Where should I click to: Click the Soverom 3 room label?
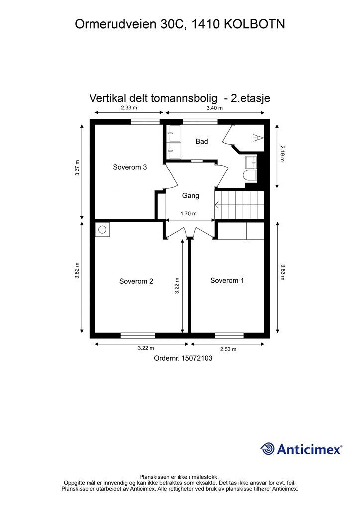pos(130,167)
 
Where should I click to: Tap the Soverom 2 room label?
pos(136,281)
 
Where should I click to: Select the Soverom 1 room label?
pos(227,280)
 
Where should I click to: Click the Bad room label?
pos(201,142)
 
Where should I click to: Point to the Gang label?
pos(190,196)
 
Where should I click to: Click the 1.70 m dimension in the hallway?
pos(188,214)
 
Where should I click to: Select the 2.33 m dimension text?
pos(129,108)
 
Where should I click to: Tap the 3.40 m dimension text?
pos(216,108)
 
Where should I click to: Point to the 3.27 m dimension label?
pos(77,168)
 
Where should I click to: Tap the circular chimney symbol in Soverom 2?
pos(103,229)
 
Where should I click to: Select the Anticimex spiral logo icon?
pos(268,449)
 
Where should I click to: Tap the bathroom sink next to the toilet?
pos(251,162)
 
